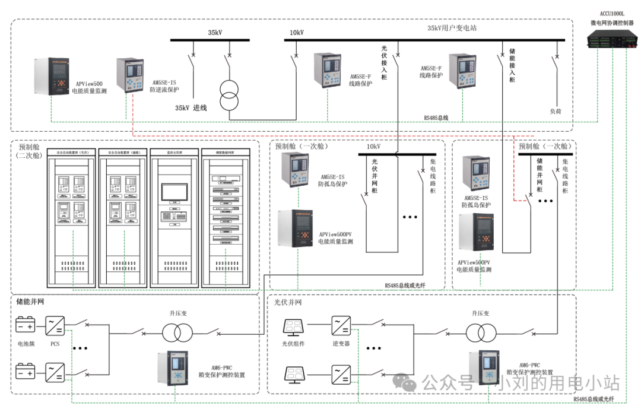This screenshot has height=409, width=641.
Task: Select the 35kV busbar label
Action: click(215, 33)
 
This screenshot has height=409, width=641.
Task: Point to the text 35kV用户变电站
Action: click(452, 28)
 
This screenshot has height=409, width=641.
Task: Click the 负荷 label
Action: click(556, 111)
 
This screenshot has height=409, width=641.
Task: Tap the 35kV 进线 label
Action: click(191, 108)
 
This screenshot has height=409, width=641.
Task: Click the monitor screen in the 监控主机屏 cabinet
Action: click(174, 191)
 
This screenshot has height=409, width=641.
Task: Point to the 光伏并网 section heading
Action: click(288, 302)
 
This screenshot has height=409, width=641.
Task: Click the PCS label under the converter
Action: click(55, 344)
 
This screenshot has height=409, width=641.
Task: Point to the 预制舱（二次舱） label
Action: click(29, 151)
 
